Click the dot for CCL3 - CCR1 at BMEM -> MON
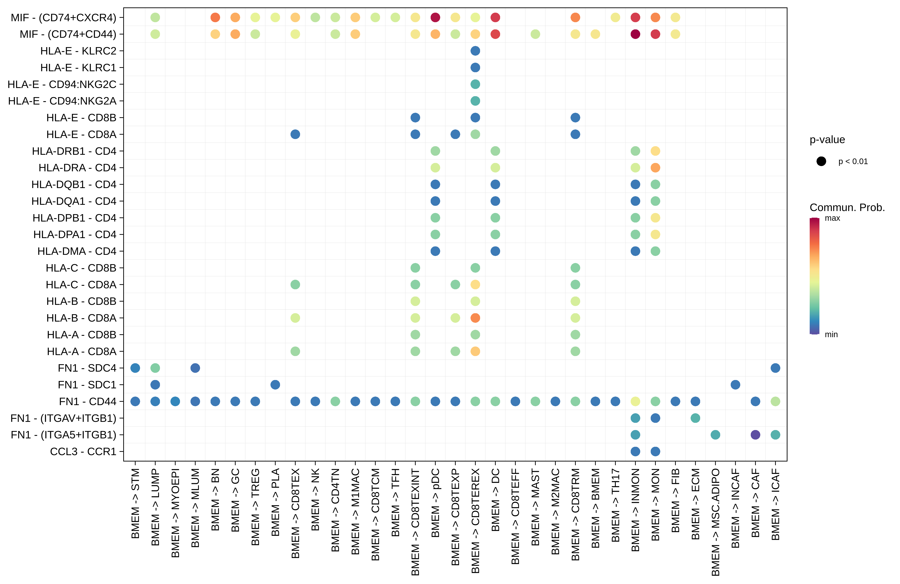(655, 451)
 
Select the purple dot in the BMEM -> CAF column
(755, 435)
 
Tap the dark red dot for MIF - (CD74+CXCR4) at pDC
(435, 17)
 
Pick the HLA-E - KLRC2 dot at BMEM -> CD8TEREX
(475, 51)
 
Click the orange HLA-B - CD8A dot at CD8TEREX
(475, 318)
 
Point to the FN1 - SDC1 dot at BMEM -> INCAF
(735, 385)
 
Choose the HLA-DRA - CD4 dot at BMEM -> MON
(655, 168)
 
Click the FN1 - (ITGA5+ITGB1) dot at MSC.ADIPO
(715, 435)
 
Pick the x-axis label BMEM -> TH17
(615, 505)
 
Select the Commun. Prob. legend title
(847, 207)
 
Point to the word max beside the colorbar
(832, 218)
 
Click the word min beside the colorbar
(831, 334)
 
